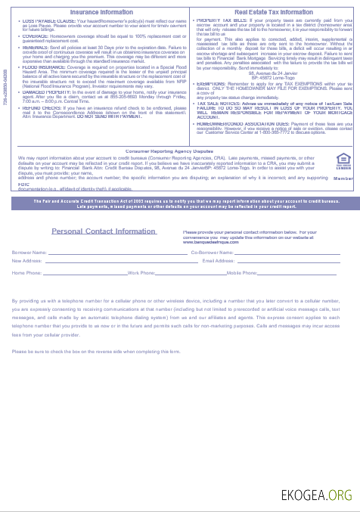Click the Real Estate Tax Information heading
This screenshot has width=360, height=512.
click(x=273, y=12)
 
